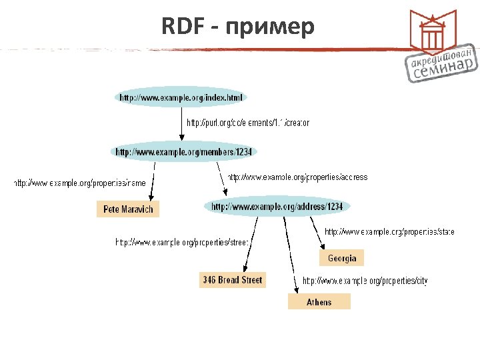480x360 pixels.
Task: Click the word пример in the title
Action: point(269,29)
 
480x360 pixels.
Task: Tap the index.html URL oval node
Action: point(181,98)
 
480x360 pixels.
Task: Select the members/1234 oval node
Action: point(184,152)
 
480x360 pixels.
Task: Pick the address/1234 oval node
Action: point(277,207)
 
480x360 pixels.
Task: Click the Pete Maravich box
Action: point(128,209)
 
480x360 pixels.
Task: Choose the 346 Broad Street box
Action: point(232,280)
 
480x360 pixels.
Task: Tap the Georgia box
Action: point(342,258)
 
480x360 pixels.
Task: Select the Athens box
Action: point(319,302)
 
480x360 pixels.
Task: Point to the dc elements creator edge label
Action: point(247,123)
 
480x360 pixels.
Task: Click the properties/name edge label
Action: point(80,183)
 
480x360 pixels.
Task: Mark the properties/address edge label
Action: point(297,177)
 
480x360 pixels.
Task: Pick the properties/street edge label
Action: point(182,242)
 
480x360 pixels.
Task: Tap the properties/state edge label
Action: point(389,232)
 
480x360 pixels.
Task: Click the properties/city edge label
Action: point(365,281)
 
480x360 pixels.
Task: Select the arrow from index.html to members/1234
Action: point(183,123)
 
